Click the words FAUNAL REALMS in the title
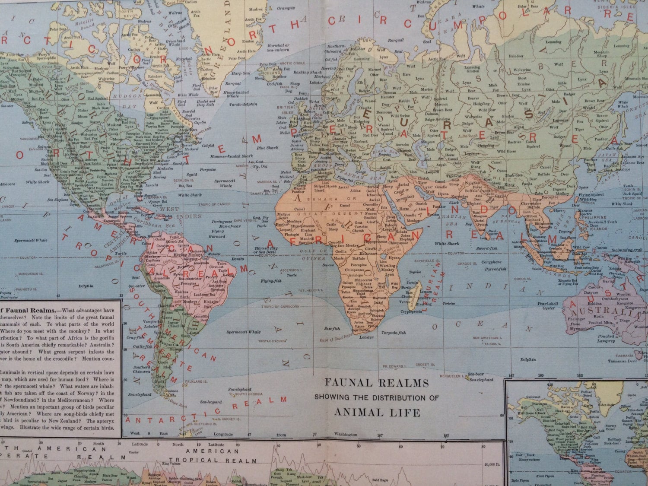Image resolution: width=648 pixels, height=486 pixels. [377, 382]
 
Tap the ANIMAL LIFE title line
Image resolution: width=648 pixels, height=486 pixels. [377, 412]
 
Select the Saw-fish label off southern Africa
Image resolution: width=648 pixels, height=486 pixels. [331, 329]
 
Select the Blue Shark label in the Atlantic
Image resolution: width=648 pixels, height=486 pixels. [267, 148]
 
